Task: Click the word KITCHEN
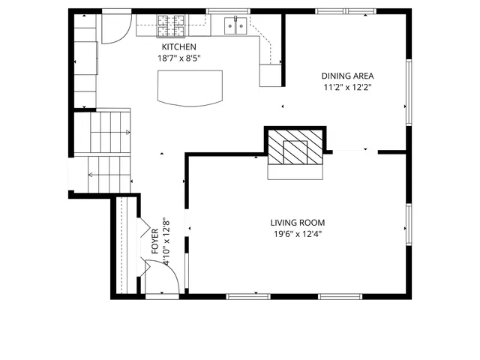(x=178, y=46)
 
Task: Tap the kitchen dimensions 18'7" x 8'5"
(x=178, y=58)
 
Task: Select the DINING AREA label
(x=347, y=76)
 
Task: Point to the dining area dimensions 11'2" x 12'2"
(x=347, y=87)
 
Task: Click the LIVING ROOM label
(x=297, y=223)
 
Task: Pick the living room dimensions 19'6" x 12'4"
(x=297, y=234)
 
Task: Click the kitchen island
(x=190, y=87)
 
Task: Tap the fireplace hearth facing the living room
(x=295, y=171)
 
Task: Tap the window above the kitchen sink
(x=228, y=11)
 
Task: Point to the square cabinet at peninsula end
(x=269, y=75)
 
